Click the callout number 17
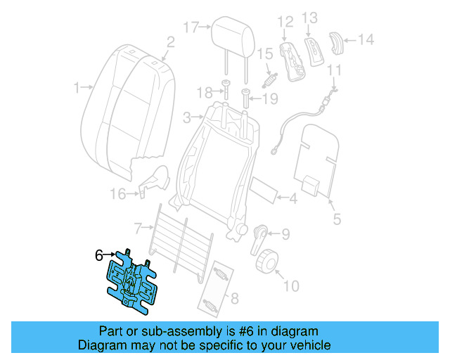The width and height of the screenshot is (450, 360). pyautogui.click(x=191, y=27)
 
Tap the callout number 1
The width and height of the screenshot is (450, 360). pyautogui.click(x=77, y=88)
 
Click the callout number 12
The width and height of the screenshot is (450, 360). pyautogui.click(x=284, y=21)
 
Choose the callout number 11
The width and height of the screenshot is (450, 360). pyautogui.click(x=335, y=70)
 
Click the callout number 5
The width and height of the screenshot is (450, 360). pyautogui.click(x=337, y=220)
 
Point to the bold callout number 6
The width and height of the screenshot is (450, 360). pyautogui.click(x=99, y=255)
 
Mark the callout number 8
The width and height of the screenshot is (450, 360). pyautogui.click(x=234, y=298)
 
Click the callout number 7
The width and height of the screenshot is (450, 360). pyautogui.click(x=139, y=227)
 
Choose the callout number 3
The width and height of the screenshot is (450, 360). pyautogui.click(x=186, y=116)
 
